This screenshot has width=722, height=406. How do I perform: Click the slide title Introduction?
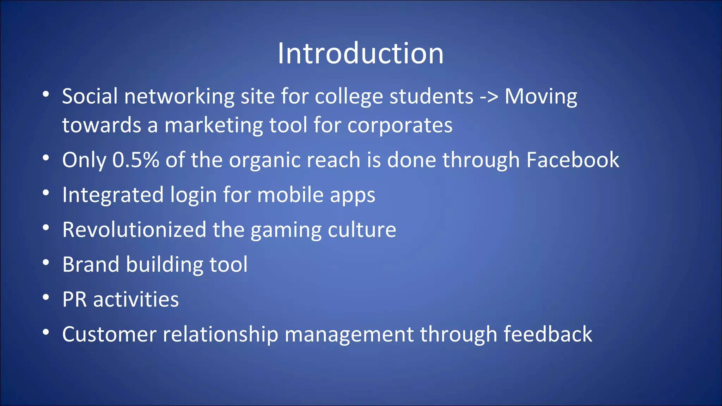(360, 53)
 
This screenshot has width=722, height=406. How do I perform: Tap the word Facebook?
(573, 160)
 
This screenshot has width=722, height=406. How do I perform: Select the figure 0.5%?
(135, 160)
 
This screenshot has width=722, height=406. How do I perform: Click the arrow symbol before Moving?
(489, 97)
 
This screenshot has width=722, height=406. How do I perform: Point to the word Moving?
(541, 97)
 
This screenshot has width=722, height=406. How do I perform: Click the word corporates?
(400, 125)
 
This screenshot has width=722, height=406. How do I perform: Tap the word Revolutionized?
(134, 230)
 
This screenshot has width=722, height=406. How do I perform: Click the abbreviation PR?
(74, 300)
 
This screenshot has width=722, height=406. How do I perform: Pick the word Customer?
(109, 334)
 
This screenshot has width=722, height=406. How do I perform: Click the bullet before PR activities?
(45, 298)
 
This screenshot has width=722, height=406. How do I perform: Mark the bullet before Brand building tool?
(45, 263)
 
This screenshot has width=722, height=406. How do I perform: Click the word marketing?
(214, 125)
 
